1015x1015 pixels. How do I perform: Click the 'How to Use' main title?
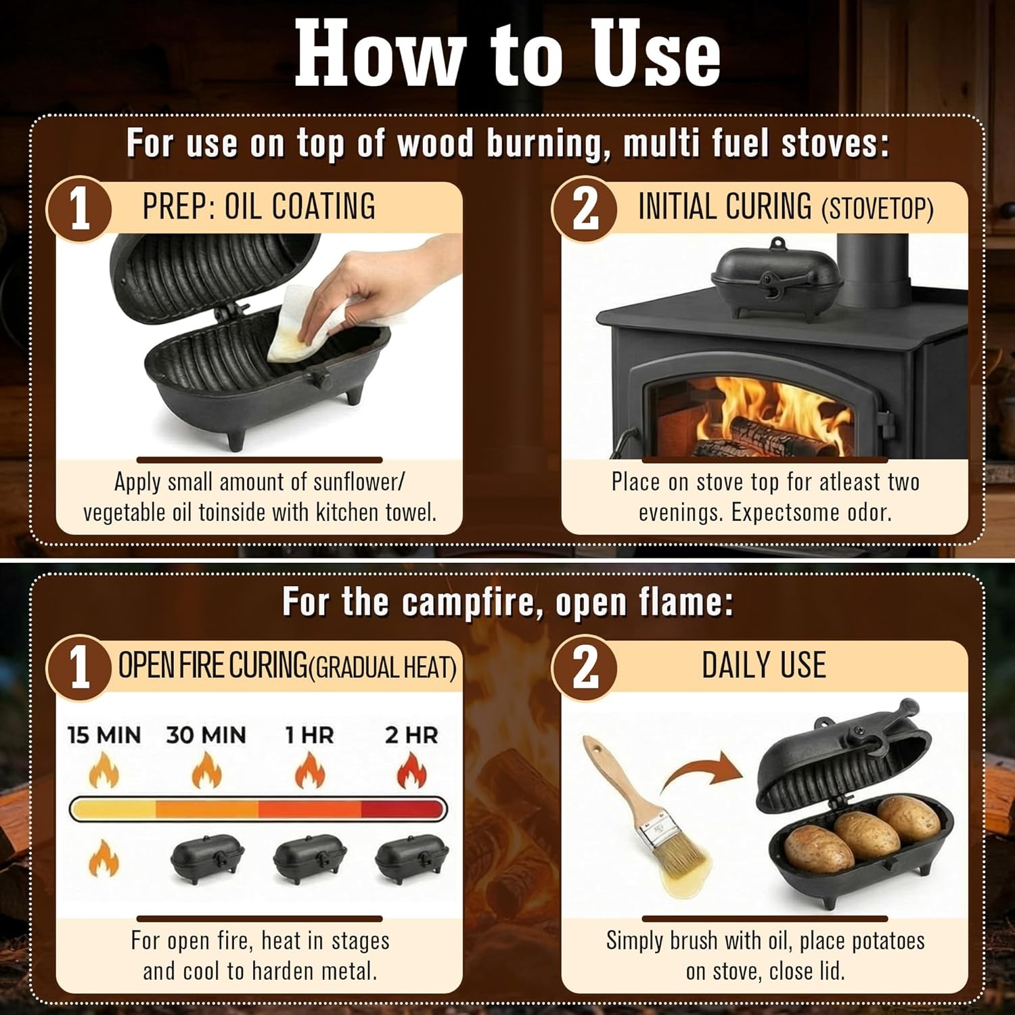[x=507, y=53]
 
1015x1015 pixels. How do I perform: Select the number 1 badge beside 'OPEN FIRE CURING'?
[x=79, y=667]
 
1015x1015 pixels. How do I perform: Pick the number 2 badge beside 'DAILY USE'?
[x=585, y=667]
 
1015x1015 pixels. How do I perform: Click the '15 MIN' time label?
[x=104, y=735]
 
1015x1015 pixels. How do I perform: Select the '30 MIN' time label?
[x=206, y=735]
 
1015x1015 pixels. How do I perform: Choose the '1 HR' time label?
[x=309, y=735]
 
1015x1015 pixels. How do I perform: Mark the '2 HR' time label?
[x=411, y=735]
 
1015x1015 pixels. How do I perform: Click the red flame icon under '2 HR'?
[x=411, y=771]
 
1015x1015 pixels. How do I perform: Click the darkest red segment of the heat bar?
[x=403, y=809]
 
